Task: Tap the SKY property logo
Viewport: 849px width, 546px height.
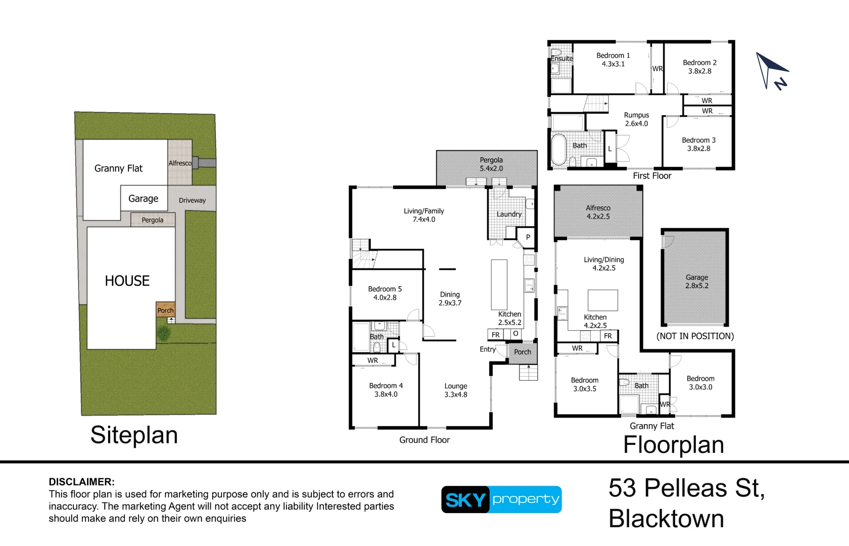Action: pyautogui.click(x=501, y=499)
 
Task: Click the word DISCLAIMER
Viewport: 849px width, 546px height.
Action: pyautogui.click(x=81, y=482)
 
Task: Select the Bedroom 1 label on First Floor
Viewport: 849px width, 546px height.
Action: pyautogui.click(x=614, y=60)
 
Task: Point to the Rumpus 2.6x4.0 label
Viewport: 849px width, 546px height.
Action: pyautogui.click(x=636, y=119)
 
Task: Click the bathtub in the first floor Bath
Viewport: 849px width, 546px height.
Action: pyautogui.click(x=558, y=149)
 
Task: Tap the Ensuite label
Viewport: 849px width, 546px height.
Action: pyautogui.click(x=562, y=59)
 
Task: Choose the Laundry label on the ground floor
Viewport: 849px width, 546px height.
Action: pyautogui.click(x=509, y=214)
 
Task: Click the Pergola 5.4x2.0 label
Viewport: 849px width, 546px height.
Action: pyautogui.click(x=491, y=164)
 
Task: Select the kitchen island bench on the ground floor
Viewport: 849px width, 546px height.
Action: pyautogui.click(x=499, y=285)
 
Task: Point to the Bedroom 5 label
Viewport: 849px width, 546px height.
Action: pyautogui.click(x=385, y=293)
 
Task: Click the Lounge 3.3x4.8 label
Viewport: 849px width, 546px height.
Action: pyautogui.click(x=456, y=390)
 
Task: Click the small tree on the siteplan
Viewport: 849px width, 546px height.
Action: pyautogui.click(x=164, y=333)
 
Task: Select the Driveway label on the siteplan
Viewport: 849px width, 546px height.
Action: pyautogui.click(x=192, y=200)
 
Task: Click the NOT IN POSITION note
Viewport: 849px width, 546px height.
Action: pyautogui.click(x=695, y=336)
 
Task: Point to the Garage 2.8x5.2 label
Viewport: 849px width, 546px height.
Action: pyautogui.click(x=696, y=281)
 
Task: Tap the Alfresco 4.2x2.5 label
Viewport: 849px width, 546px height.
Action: pyautogui.click(x=598, y=212)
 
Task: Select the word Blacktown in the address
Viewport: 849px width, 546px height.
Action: pyautogui.click(x=666, y=519)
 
